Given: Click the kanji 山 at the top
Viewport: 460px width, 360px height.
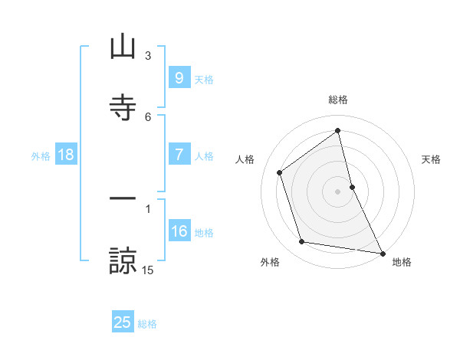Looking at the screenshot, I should click(123, 47).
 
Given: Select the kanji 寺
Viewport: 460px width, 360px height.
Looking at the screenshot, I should click(123, 106).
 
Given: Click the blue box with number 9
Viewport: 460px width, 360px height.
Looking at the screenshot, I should click(179, 77).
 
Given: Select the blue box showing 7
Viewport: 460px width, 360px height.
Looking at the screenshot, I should click(179, 155).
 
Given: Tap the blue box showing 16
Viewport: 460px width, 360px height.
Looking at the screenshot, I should click(179, 231).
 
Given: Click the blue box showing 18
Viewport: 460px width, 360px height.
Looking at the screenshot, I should click(66, 155).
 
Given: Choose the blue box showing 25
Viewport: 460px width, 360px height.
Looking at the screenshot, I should click(123, 322).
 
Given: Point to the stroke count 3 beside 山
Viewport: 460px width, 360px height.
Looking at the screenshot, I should click(148, 56).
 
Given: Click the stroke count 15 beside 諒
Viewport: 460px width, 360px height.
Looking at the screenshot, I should click(148, 270).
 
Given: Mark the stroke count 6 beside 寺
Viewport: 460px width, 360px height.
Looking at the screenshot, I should click(148, 116).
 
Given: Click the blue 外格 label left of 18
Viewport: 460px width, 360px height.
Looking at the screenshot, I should click(41, 155).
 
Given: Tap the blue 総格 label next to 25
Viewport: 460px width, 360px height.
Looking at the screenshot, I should click(147, 323).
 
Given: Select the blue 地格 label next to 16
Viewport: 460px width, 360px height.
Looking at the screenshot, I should click(204, 232).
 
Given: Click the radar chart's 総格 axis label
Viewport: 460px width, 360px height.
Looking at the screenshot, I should click(338, 100).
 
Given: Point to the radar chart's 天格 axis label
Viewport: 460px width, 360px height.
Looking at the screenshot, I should click(432, 159).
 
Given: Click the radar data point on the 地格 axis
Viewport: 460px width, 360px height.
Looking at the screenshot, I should click(383, 253).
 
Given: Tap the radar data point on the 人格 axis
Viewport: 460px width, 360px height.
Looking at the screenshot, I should click(280, 172).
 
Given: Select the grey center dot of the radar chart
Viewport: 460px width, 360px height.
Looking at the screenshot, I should click(338, 191).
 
